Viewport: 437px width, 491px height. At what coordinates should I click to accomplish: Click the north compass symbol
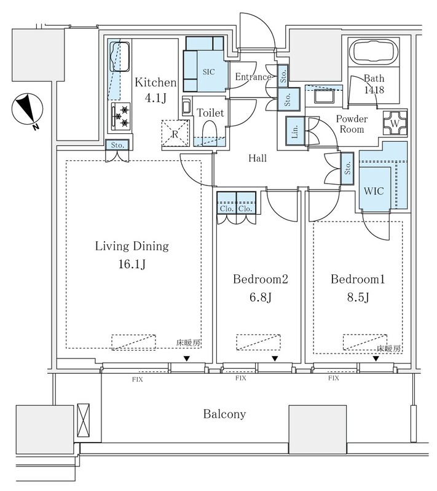pyautogui.click(x=27, y=110)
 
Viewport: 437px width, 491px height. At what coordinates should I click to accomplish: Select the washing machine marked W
pyautogui.click(x=395, y=123)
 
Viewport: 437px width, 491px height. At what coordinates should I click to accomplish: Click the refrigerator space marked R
pyautogui.click(x=175, y=133)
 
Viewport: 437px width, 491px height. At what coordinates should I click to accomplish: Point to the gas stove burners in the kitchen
pyautogui.click(x=121, y=117)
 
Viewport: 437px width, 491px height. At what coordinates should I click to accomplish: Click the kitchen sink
pyautogui.click(x=120, y=56)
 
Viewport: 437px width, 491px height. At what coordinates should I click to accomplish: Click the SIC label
pyautogui.click(x=208, y=72)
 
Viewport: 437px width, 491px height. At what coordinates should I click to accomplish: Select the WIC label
pyautogui.click(x=373, y=191)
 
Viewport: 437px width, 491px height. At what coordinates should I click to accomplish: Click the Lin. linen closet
pyautogui.click(x=295, y=131)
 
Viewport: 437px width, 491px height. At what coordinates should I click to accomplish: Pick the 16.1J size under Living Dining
pyautogui.click(x=132, y=265)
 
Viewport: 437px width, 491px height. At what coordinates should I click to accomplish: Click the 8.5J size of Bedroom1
pyautogui.click(x=357, y=296)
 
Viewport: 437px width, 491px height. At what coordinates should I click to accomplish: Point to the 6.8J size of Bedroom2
pyautogui.click(x=260, y=296)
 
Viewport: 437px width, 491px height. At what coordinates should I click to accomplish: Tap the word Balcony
pyautogui.click(x=224, y=414)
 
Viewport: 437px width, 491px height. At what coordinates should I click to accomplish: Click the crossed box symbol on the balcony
pyautogui.click(x=83, y=420)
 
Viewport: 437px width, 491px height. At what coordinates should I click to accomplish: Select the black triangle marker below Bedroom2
pyautogui.click(x=275, y=358)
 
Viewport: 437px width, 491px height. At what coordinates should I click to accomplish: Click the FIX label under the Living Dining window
pyautogui.click(x=137, y=379)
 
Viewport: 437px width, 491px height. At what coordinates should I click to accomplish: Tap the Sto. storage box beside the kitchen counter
pyautogui.click(x=117, y=145)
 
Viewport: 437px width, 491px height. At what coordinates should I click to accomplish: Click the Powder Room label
pyautogui.click(x=352, y=124)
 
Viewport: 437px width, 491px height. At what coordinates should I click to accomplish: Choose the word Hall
pyautogui.click(x=258, y=158)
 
